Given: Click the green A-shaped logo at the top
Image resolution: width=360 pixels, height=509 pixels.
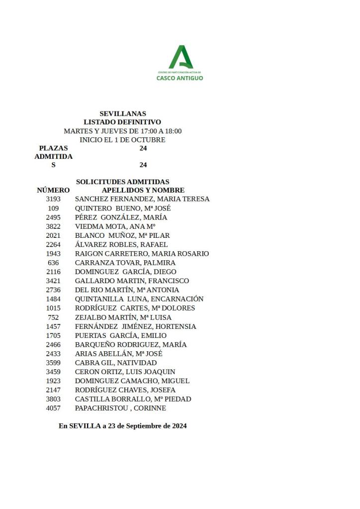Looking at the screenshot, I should tap(180, 57).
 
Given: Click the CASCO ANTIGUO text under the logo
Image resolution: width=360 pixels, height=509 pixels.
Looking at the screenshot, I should tap(180, 78).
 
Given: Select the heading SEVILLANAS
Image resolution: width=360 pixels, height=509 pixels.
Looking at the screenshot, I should tap(122, 113).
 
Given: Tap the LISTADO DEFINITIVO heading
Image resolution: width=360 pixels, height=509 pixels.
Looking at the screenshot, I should tap(122, 122).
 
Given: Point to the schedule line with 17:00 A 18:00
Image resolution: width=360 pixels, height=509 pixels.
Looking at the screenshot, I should tap(122, 131).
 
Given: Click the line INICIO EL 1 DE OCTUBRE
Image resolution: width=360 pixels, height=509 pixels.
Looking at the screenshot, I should tap(122, 140).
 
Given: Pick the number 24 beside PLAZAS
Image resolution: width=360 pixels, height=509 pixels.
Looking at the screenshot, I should tap(143, 148).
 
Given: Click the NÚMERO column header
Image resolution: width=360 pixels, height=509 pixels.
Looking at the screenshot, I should tap(53, 190).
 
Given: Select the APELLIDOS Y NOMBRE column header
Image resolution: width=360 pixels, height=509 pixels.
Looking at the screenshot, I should tap(143, 190).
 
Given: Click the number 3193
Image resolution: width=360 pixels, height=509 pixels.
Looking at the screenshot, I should tap(53, 199).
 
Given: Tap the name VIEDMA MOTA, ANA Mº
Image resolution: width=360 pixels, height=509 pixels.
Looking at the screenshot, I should tap(115, 226).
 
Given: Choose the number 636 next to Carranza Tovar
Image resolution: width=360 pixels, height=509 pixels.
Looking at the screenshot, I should tap(53, 263).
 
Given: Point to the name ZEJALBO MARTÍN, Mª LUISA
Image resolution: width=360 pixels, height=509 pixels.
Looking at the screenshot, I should tap(123, 317).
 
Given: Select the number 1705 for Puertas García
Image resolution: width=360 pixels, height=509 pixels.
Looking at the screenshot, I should tap(53, 335).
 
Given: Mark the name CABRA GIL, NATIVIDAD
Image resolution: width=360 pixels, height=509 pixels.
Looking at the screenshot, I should tap(116, 363).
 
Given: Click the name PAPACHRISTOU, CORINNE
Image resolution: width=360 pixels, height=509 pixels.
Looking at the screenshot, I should tap(120, 408).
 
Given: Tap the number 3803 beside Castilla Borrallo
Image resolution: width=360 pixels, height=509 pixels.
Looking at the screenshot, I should tap(53, 399).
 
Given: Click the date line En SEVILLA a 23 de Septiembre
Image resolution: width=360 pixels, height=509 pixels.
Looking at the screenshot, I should tap(122, 426).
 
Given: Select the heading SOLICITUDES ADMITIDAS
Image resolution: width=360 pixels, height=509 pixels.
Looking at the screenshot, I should tap(122, 182).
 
